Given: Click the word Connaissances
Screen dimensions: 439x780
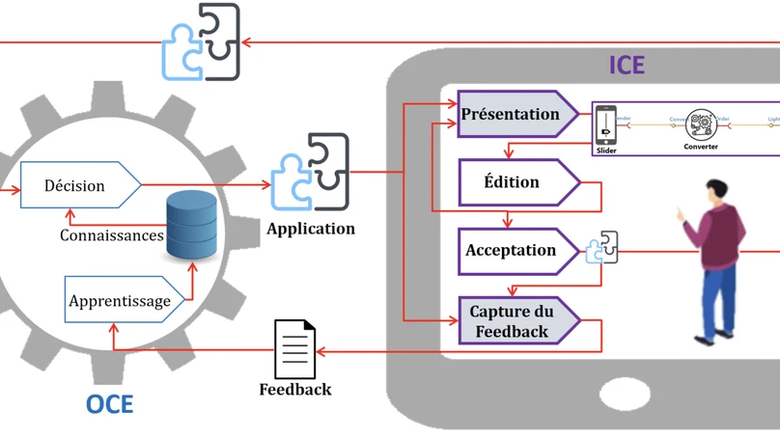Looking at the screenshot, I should click(x=112, y=235).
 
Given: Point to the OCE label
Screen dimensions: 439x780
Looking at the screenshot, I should click(x=109, y=403).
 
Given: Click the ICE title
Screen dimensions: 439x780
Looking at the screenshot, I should click(x=626, y=66).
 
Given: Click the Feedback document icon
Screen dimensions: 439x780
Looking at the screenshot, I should click(x=294, y=349).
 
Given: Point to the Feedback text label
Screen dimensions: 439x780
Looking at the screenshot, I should click(x=295, y=390).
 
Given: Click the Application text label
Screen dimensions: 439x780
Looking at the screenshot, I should click(x=311, y=230).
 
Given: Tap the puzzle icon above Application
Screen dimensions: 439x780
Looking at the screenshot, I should click(x=310, y=174).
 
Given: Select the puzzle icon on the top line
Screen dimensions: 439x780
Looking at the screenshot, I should click(x=201, y=42).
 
